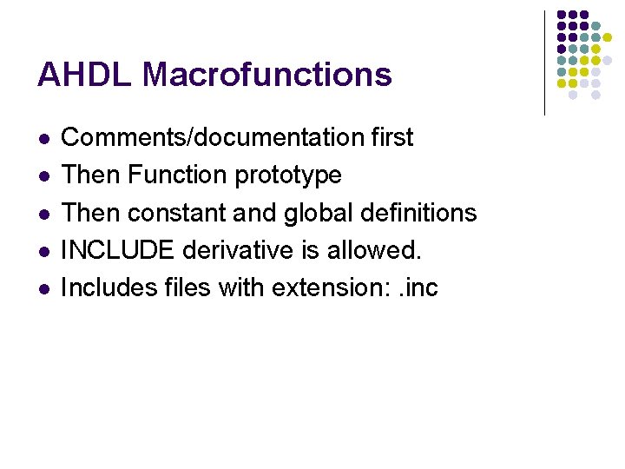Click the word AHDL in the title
point(84,75)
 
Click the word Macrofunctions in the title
point(267,75)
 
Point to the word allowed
point(374,250)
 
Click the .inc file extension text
point(417,287)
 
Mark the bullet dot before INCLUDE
point(43,251)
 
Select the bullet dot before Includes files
point(43,288)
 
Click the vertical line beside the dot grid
point(544,63)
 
